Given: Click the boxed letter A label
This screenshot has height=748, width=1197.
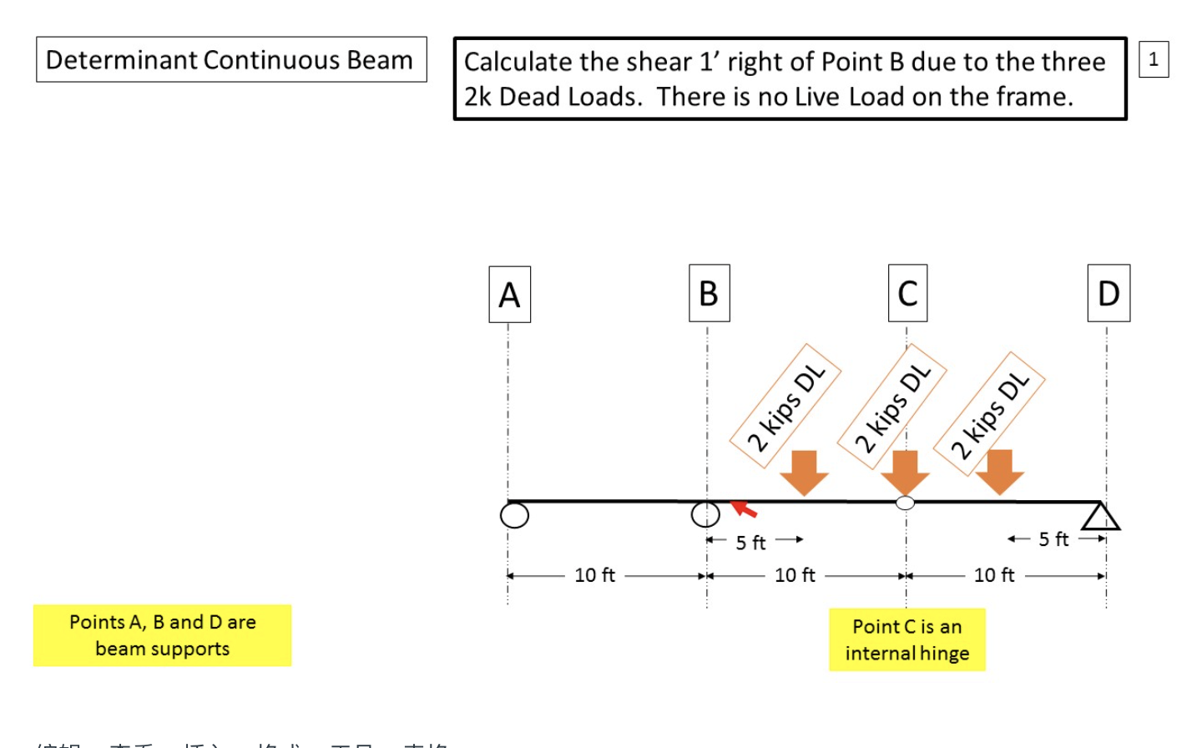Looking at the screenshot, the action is [x=509, y=295].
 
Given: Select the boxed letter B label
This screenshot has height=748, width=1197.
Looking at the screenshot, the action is [x=709, y=293].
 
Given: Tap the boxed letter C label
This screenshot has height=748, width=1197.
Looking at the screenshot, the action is [x=907, y=293].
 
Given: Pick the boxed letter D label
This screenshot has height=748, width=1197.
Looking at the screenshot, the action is [x=1109, y=293].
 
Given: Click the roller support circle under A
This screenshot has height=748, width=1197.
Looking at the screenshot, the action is [x=514, y=515].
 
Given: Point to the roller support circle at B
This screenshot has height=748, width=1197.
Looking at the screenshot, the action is [x=705, y=514].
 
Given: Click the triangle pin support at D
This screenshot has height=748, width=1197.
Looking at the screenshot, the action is [x=1100, y=517].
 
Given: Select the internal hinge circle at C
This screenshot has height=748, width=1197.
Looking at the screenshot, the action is [x=905, y=503].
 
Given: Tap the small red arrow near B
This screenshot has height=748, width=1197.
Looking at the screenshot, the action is [x=744, y=508].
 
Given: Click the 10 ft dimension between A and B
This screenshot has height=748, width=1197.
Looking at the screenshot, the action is [x=594, y=575].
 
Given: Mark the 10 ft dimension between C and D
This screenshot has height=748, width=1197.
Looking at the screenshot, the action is [x=994, y=575].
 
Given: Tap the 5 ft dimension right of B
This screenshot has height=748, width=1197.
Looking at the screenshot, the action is [x=750, y=543].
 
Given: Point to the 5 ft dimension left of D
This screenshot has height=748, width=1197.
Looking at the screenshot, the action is [x=1053, y=539].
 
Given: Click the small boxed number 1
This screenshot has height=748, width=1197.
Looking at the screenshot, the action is [x=1154, y=59].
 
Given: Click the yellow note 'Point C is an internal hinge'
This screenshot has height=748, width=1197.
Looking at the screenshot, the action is [x=907, y=639].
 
